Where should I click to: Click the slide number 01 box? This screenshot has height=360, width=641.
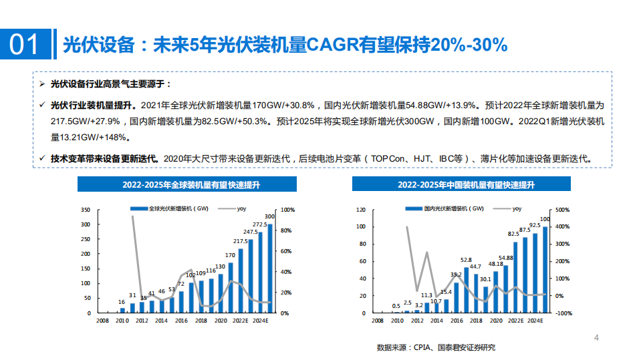point(25,44)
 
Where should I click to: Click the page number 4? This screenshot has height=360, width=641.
point(597,338)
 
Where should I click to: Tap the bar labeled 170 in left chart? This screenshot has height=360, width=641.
point(231,287)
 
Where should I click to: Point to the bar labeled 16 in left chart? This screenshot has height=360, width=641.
point(122,310)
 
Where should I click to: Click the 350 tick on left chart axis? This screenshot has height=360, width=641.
point(85,210)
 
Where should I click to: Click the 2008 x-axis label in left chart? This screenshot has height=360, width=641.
point(102,321)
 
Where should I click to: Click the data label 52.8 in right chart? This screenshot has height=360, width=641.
point(466,260)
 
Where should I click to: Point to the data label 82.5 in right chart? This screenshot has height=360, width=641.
point(514,234)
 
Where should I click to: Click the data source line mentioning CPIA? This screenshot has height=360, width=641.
point(436,348)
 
